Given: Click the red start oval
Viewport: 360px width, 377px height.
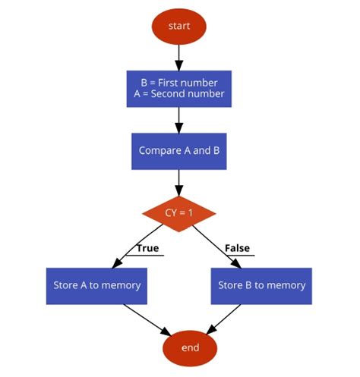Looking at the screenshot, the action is pyautogui.click(x=179, y=27).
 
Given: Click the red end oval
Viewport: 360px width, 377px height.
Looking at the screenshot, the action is pyautogui.click(x=190, y=348).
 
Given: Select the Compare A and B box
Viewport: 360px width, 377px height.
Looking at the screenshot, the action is pyautogui.click(x=179, y=151).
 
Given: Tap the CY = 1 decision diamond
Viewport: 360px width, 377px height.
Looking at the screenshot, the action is pyautogui.click(x=179, y=214).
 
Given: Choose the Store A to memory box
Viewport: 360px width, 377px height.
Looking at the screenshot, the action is pyautogui.click(x=96, y=286).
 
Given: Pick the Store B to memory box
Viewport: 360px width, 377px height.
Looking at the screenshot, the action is pyautogui.click(x=261, y=286).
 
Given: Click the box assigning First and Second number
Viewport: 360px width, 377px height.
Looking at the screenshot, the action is pyautogui.click(x=179, y=89).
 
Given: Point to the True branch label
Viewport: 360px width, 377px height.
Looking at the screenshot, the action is pyautogui.click(x=148, y=248).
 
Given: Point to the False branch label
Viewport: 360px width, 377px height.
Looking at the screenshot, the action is pyautogui.click(x=237, y=248).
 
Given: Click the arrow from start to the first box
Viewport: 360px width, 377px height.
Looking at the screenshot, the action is pyautogui.click(x=179, y=58).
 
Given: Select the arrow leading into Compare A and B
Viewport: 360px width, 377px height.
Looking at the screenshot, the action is pyautogui.click(x=179, y=120).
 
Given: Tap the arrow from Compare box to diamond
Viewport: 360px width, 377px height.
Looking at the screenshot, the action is pyautogui.click(x=179, y=183).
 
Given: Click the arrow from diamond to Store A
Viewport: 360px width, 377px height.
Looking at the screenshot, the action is pyautogui.click(x=137, y=246).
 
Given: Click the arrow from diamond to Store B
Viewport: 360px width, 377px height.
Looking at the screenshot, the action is pyautogui.click(x=217, y=247).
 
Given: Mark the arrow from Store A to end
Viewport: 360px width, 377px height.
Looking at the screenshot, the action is pyautogui.click(x=147, y=320).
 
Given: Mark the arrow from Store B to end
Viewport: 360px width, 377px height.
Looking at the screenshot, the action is pyautogui.click(x=223, y=319).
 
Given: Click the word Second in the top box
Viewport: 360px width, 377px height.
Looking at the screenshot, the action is pyautogui.click(x=165, y=94).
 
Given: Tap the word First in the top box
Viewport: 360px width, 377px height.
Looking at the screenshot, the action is pyautogui.click(x=168, y=83).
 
